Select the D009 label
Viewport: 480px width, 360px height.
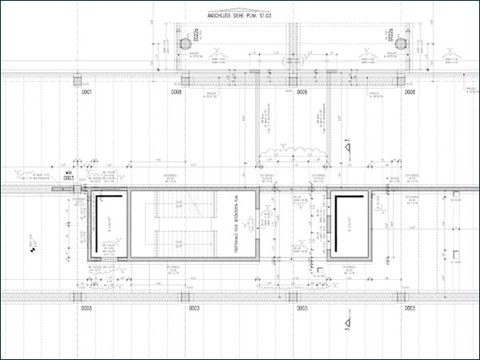point(302,94)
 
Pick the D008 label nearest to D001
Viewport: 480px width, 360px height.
point(176,94)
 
